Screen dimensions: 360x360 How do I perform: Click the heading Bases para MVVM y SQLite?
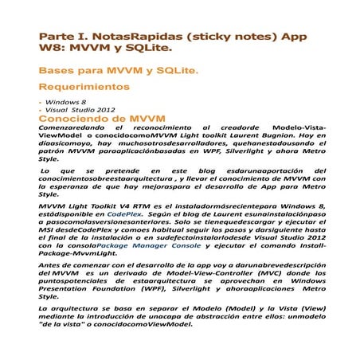point(119,71)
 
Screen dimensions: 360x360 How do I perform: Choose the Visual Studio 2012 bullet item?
point(80,110)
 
